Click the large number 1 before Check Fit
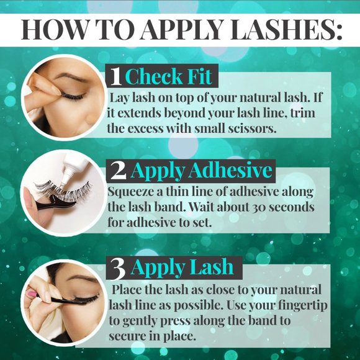click(x=115, y=77)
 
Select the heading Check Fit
click(x=169, y=76)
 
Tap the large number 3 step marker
click(x=117, y=267)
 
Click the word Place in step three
click(x=129, y=290)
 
